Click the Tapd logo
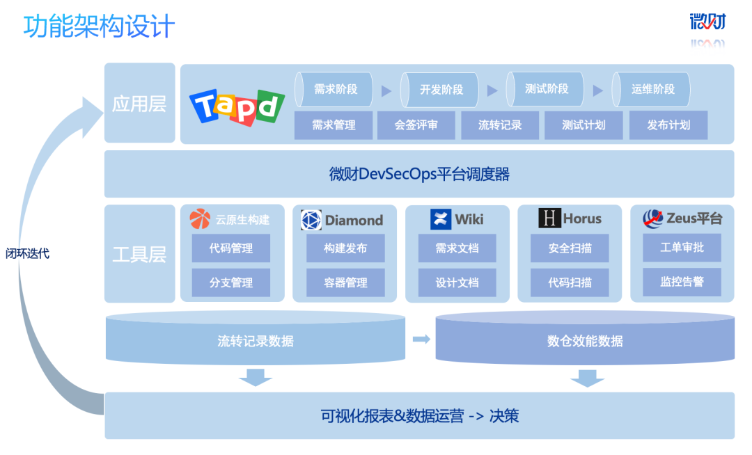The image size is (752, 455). [x=237, y=107]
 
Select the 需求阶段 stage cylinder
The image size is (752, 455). [x=335, y=89]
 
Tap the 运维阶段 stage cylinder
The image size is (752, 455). [x=652, y=89]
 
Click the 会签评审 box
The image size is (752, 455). [x=416, y=125]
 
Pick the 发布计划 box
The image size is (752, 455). [x=668, y=125]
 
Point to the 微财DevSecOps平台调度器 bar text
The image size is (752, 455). [x=419, y=174]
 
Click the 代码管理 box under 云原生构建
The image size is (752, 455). [x=231, y=248]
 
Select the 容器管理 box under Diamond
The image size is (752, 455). [x=345, y=282]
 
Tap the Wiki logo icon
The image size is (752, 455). [x=441, y=219]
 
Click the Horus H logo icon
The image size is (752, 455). [x=549, y=219]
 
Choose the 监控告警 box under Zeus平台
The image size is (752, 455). [x=682, y=282]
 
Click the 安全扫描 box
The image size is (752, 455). [x=570, y=248]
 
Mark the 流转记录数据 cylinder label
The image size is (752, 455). [x=256, y=341]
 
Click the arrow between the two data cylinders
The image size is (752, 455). [x=421, y=339]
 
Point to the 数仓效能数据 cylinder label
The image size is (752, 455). [x=585, y=341]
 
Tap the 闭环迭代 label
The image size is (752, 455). [x=33, y=254]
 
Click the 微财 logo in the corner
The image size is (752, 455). [x=707, y=22]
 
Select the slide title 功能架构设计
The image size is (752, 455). [x=99, y=27]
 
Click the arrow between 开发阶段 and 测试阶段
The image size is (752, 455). [x=492, y=90]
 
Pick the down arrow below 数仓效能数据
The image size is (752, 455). [x=587, y=378]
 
